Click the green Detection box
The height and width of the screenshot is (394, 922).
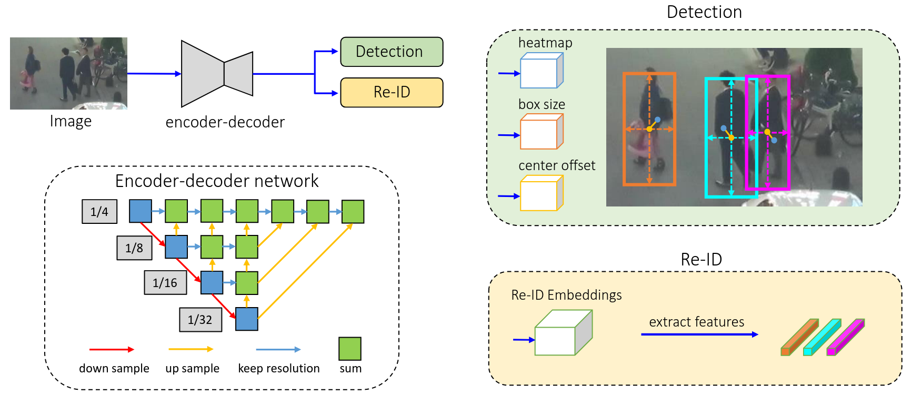[392, 52]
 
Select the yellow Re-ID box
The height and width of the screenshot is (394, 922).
[392, 92]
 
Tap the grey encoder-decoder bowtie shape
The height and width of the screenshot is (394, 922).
[217, 74]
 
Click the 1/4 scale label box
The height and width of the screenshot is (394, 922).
[99, 212]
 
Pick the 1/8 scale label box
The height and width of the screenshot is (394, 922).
[134, 248]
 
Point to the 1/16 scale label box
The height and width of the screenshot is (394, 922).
[165, 283]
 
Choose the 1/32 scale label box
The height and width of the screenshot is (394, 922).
[200, 319]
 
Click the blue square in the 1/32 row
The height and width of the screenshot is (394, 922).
[247, 319]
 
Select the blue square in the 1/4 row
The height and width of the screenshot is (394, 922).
[141, 211]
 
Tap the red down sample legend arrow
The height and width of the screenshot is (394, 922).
[112, 349]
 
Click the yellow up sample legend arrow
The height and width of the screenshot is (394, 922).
[191, 349]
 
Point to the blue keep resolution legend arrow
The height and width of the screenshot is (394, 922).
[278, 349]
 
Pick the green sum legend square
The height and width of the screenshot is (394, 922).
[350, 349]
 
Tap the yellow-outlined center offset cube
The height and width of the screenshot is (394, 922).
[541, 194]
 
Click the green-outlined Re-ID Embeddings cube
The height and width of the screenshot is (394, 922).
[562, 334]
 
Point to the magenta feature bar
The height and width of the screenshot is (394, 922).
[846, 337]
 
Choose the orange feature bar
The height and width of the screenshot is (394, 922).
[799, 337]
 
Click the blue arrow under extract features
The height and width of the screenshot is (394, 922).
[699, 334]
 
